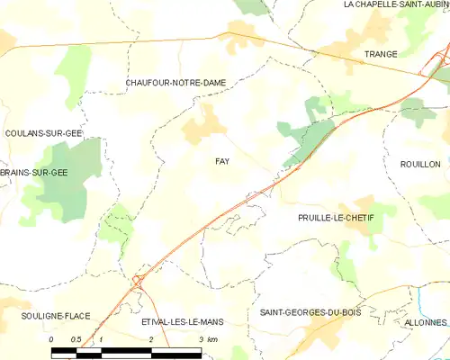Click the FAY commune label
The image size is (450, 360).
pos(221,161)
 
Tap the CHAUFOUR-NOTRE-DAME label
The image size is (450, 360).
pos(175,83)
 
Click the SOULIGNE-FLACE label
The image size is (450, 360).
pos(57,317)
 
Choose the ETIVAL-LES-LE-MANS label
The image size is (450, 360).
pos(182,321)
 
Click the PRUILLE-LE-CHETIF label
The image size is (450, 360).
pos(335,218)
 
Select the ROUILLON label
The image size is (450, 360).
pos(420,164)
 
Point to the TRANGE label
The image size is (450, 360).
pos(381,54)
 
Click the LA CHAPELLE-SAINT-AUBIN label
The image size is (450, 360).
pos(396,4)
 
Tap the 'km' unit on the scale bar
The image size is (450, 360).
pos(212,339)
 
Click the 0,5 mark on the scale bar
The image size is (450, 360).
pos(76,339)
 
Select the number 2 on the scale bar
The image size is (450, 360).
pos(150,339)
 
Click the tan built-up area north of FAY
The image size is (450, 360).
pos(204,125)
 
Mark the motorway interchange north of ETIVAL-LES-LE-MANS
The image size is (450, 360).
pos(137,282)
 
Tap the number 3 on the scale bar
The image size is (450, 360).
pos(199,339)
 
